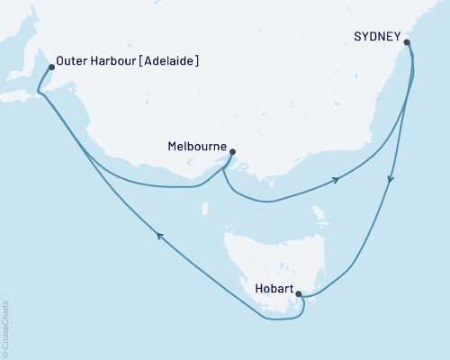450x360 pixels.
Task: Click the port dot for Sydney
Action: (x=407, y=41)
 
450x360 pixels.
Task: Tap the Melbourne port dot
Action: (x=233, y=151)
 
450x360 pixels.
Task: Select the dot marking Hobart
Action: (x=299, y=293)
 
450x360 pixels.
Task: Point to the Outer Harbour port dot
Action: (x=50, y=66)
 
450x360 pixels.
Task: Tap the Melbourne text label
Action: (x=197, y=144)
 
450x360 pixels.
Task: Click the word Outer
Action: (x=71, y=61)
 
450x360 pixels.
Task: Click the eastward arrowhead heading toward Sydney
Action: (x=336, y=180)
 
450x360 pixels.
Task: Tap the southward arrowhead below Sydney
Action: (x=390, y=180)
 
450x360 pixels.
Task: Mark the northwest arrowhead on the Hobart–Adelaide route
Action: (x=159, y=236)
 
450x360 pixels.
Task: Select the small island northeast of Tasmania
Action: (x=317, y=214)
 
